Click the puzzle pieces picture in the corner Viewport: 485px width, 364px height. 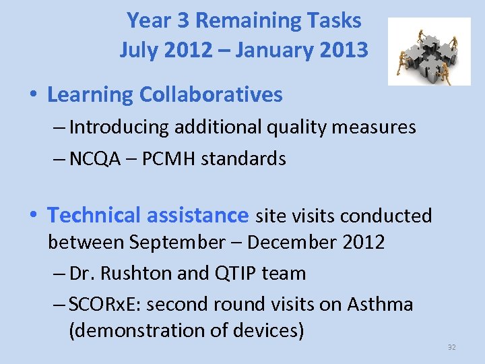coord(429,52)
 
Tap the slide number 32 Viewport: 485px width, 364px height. coord(451,347)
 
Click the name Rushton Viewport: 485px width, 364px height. coord(131,273)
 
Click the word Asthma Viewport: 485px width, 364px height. coord(380,304)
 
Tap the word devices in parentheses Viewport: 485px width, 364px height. coord(268,331)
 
